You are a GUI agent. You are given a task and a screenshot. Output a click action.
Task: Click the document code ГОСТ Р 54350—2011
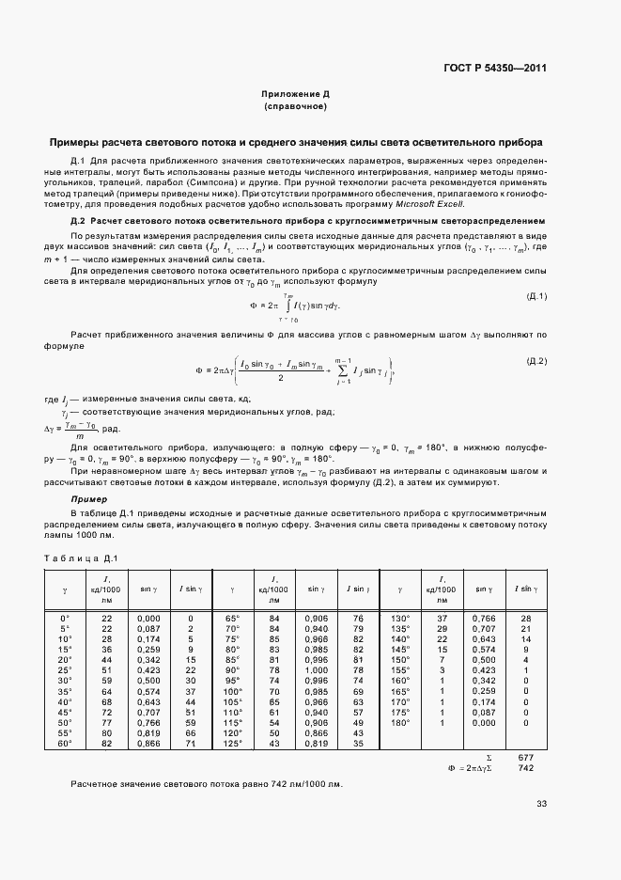(x=495, y=69)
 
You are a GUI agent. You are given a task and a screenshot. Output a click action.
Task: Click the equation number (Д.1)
(x=536, y=297)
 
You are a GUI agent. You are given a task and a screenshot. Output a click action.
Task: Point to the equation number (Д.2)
(x=536, y=361)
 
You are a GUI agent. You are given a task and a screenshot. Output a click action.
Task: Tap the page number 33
(x=541, y=803)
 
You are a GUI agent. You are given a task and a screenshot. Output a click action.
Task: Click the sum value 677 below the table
(x=525, y=757)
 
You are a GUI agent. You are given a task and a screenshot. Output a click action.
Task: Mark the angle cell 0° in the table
(x=65, y=618)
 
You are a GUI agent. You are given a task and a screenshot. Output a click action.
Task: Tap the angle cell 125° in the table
(x=233, y=743)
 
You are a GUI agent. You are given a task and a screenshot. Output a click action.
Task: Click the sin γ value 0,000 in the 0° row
(x=148, y=618)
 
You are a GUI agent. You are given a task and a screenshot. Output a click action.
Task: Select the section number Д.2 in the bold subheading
(x=78, y=220)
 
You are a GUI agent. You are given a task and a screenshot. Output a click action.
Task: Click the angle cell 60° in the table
(x=65, y=743)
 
